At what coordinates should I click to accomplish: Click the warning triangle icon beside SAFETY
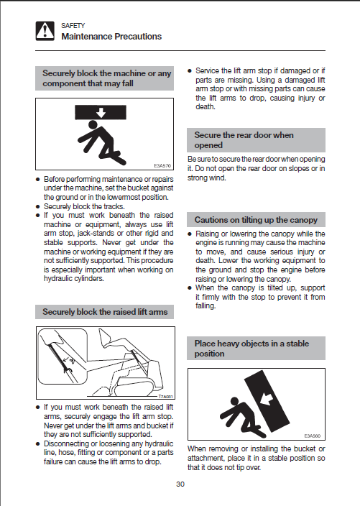click(x=45, y=31)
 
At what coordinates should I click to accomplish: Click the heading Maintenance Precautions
click(x=111, y=37)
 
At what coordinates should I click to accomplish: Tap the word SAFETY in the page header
click(x=73, y=25)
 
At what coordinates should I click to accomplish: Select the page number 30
click(x=180, y=484)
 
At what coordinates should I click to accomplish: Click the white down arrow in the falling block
click(x=101, y=113)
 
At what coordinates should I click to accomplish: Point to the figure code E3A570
click(x=162, y=166)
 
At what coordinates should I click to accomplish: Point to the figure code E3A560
click(x=313, y=436)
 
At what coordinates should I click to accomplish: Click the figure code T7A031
click(x=165, y=397)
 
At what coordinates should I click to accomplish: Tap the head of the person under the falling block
click(x=93, y=124)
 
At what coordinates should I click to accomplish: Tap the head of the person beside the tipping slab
click(x=234, y=402)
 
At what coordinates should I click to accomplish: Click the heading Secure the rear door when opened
click(x=244, y=140)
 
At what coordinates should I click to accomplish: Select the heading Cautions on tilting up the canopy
click(x=256, y=220)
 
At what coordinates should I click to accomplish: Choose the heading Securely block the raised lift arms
click(x=105, y=312)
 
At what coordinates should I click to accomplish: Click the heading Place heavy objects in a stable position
click(x=251, y=349)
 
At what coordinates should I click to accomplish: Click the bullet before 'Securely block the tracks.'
click(x=38, y=206)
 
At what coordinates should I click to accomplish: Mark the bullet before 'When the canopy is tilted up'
click(x=190, y=287)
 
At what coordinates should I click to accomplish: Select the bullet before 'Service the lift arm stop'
click(x=190, y=71)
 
